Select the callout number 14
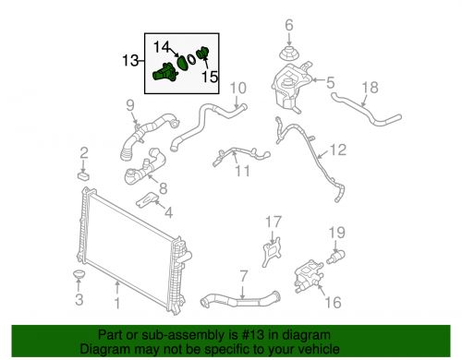point(162,44)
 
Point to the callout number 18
point(370,88)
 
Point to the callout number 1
point(117,302)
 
